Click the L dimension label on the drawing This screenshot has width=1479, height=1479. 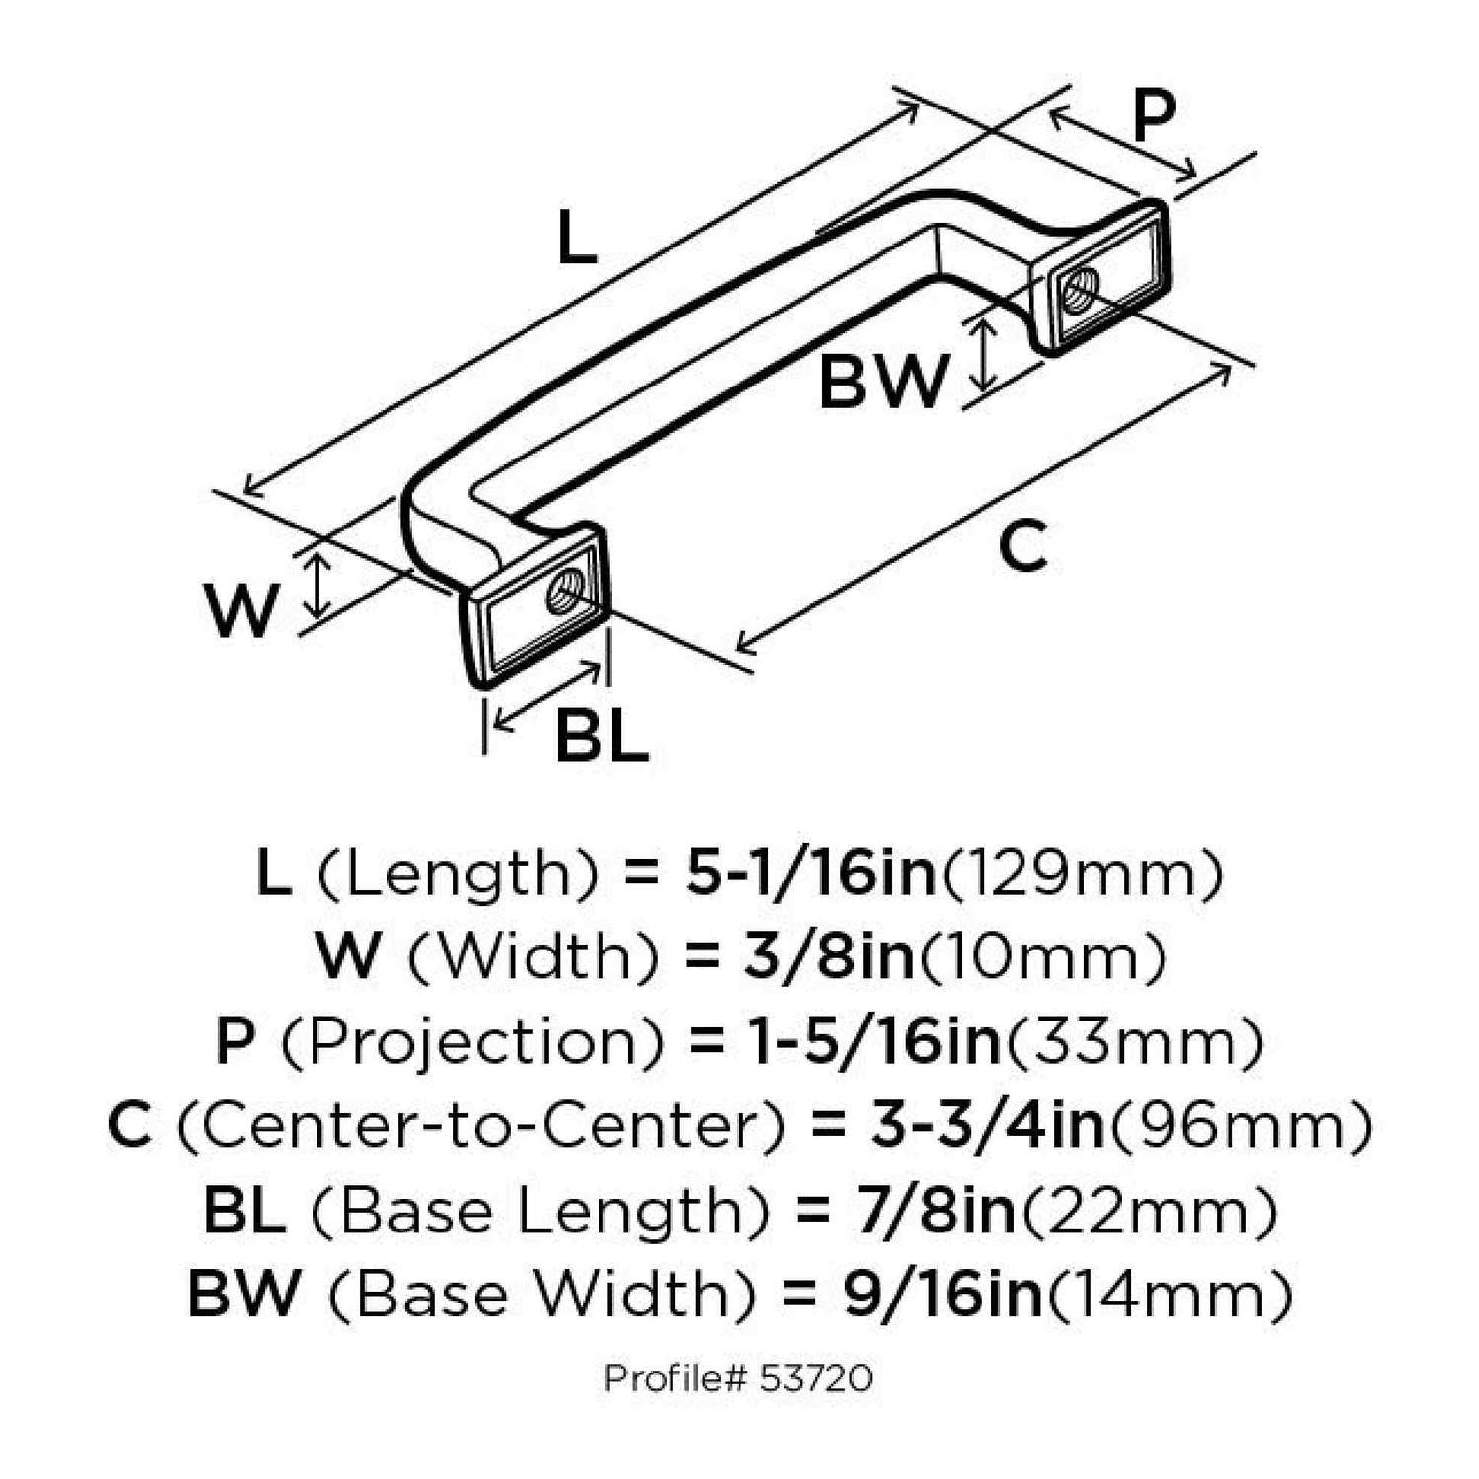(x=577, y=240)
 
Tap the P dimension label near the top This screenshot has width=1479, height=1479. (x=1153, y=116)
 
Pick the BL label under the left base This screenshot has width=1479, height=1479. (x=601, y=736)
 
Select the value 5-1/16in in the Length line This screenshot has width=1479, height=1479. (x=810, y=874)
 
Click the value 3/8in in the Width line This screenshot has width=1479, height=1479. (x=828, y=956)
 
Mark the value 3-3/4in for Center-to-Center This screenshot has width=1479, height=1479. (x=987, y=1126)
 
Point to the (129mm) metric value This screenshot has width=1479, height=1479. (x=1084, y=874)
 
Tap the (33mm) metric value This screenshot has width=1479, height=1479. (x=1133, y=1041)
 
